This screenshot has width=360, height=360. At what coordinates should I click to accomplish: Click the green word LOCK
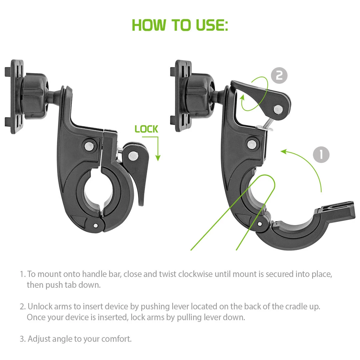(x=146, y=129)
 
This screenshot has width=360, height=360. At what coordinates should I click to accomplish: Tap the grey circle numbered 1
(x=321, y=155)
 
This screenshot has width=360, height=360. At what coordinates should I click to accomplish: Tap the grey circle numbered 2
(x=279, y=75)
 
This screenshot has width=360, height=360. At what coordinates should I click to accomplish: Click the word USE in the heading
(x=212, y=25)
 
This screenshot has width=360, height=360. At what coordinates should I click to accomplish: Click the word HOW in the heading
(x=149, y=25)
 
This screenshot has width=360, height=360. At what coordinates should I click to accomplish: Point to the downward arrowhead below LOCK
(x=158, y=158)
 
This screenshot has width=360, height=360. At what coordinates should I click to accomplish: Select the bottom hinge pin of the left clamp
(x=96, y=225)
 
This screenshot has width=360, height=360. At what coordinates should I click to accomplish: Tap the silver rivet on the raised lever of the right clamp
(x=278, y=110)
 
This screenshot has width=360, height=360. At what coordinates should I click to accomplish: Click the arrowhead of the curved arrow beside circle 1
(x=284, y=152)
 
